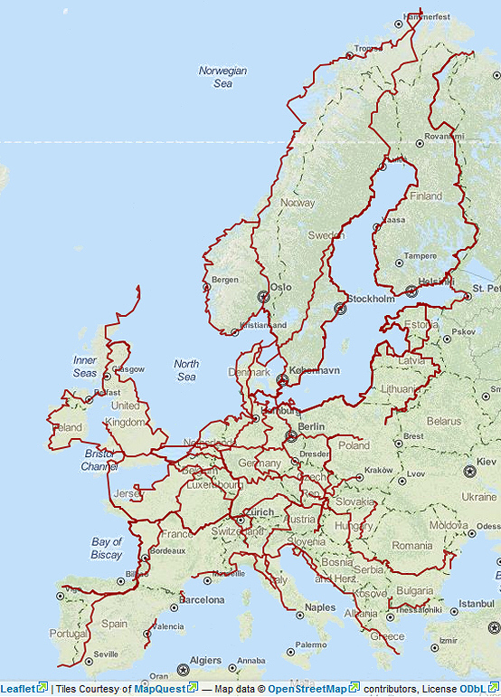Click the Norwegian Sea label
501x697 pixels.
coord(222,77)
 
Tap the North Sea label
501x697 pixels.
coord(186,370)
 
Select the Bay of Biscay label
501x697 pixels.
coord(106,549)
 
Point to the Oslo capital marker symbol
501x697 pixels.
coord(263,296)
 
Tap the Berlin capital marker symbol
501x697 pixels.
coord(291,435)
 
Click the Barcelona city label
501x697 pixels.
coord(201,599)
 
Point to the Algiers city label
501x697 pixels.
coord(209,661)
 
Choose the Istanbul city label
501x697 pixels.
coord(476,603)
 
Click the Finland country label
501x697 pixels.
coord(426,196)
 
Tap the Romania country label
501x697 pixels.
coord(412,546)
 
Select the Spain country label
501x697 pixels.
coord(115,624)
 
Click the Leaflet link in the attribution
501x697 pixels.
coord(18,689)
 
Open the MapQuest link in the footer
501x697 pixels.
coord(159,689)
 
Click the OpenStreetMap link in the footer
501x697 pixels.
coord(308,689)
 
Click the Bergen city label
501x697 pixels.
coord(224,280)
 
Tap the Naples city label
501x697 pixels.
coord(319,607)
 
